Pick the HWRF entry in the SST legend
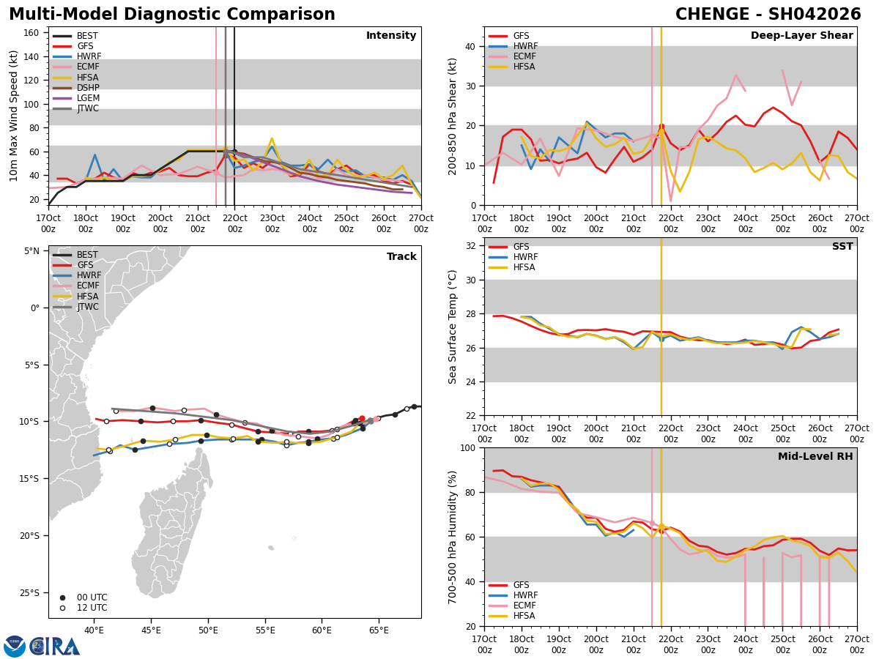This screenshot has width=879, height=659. tap(525, 257)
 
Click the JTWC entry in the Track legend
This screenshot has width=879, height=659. tap(86, 307)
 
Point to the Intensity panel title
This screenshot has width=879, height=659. tap(391, 36)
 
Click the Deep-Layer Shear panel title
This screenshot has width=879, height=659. tap(801, 36)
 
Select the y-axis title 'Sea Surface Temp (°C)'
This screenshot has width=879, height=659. tap(453, 327)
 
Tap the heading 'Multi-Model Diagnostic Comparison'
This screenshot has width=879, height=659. tap(172, 15)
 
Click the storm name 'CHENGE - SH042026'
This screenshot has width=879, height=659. tap(768, 15)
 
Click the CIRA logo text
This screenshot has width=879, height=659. tap(55, 647)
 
